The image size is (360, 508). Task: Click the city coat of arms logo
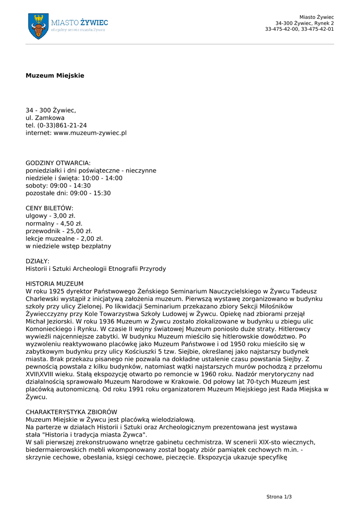pyautogui.click(x=38, y=26)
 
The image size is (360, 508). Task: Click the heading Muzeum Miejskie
pyautogui.click(x=55, y=75)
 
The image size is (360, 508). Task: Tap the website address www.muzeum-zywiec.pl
pyautogui.click(x=90, y=133)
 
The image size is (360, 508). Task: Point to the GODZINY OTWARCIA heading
pyautogui.click(x=58, y=163)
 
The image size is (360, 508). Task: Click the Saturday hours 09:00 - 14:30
pyautogui.click(x=71, y=186)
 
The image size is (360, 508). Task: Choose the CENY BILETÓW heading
pyautogui.click(x=49, y=208)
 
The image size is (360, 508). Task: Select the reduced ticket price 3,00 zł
pyautogui.click(x=62, y=216)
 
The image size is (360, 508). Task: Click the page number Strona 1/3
pyautogui.click(x=279, y=496)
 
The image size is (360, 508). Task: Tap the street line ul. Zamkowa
pyautogui.click(x=45, y=118)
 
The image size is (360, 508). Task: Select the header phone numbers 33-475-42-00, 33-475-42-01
pyautogui.click(x=299, y=29)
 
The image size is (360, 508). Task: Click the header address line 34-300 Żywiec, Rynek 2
pyautogui.click(x=304, y=23)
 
